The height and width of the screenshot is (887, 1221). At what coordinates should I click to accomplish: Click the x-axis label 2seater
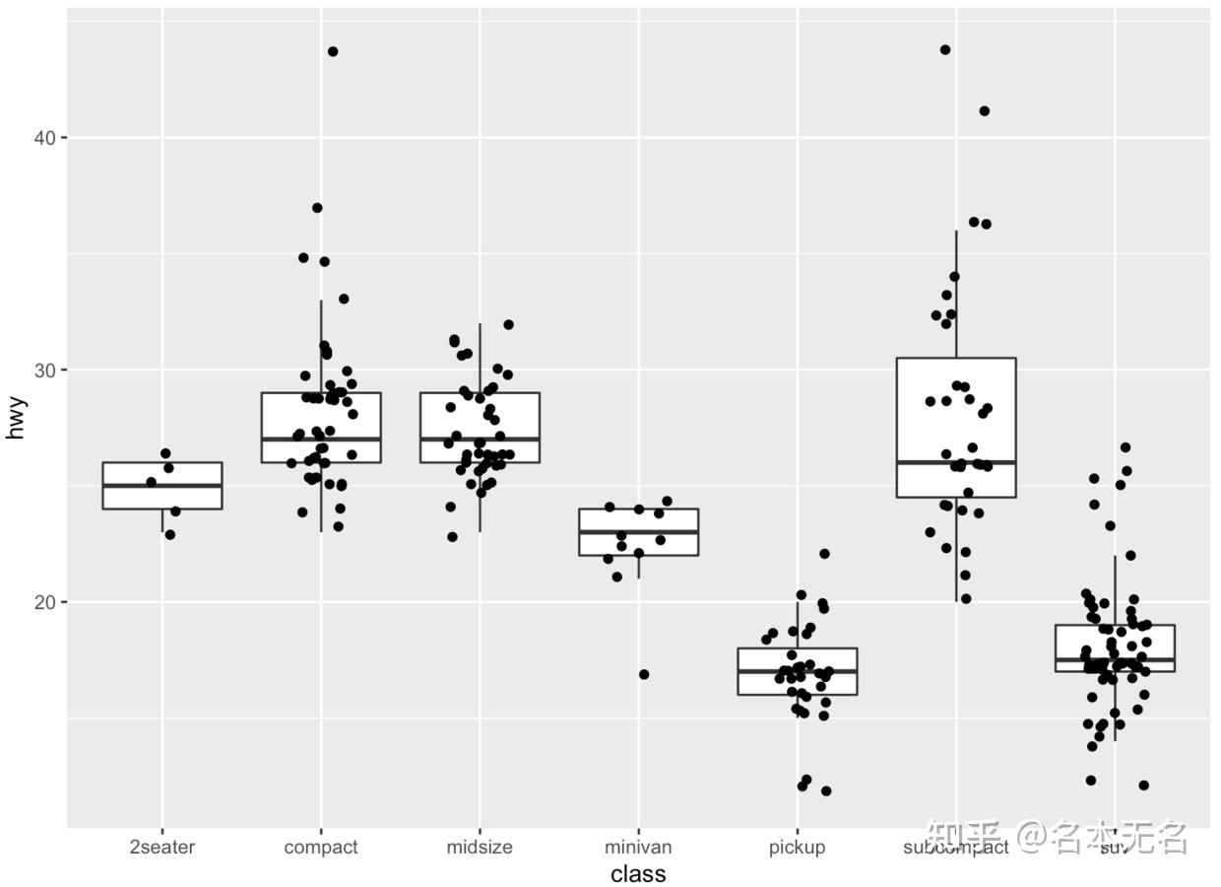[x=162, y=847]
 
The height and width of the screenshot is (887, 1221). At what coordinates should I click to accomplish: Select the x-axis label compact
[x=321, y=847]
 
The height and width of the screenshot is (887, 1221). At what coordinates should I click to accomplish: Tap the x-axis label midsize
[x=480, y=847]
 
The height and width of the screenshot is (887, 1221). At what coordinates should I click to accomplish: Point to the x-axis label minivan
[x=638, y=847]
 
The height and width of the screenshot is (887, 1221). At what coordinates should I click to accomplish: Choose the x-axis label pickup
[x=797, y=847]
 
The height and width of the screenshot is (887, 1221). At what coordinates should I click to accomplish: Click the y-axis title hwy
[x=16, y=417]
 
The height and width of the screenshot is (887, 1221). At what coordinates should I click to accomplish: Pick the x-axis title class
[x=638, y=874]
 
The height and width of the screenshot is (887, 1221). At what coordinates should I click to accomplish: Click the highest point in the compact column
[x=333, y=51]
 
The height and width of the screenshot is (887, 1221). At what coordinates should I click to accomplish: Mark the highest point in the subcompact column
[x=945, y=49]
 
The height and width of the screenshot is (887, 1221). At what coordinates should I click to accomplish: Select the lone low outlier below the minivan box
[x=644, y=674]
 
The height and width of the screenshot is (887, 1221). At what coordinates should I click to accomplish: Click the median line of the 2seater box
[x=162, y=486]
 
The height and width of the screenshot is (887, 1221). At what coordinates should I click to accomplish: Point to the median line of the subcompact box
[x=956, y=462]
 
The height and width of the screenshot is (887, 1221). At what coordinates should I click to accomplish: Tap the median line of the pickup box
[x=797, y=671]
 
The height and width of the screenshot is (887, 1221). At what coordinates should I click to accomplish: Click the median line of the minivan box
[x=638, y=532]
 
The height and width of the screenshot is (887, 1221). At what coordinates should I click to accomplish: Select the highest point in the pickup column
[x=824, y=554]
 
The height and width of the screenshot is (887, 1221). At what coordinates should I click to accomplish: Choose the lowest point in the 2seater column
[x=169, y=534]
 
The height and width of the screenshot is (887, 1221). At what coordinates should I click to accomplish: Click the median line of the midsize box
[x=480, y=439]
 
